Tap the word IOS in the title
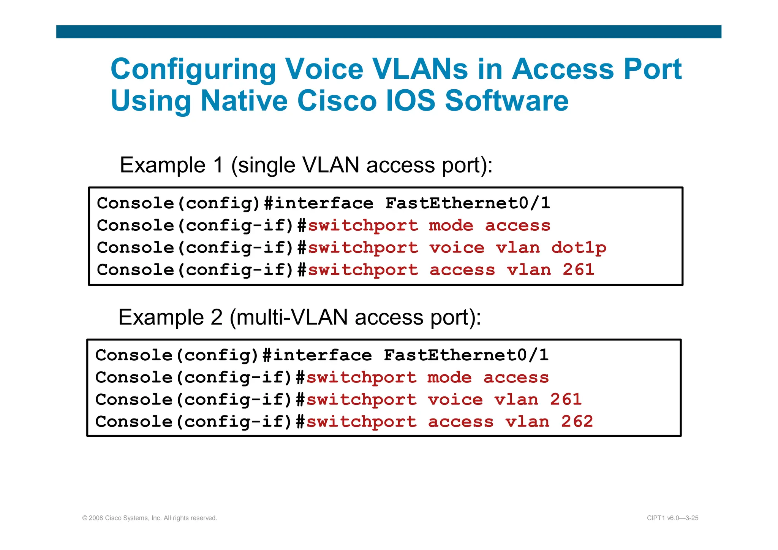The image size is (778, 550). (410, 101)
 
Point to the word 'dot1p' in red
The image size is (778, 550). (579, 248)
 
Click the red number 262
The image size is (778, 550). (577, 422)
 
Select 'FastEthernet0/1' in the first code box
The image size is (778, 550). (468, 203)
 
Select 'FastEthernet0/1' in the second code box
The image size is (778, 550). (466, 355)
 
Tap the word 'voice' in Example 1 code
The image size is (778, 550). (457, 248)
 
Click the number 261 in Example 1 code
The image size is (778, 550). (579, 270)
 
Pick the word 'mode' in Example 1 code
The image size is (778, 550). (451, 226)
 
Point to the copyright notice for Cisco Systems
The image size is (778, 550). (150, 518)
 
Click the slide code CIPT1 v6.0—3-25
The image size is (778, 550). (672, 518)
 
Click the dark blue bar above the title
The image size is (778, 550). (389, 32)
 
